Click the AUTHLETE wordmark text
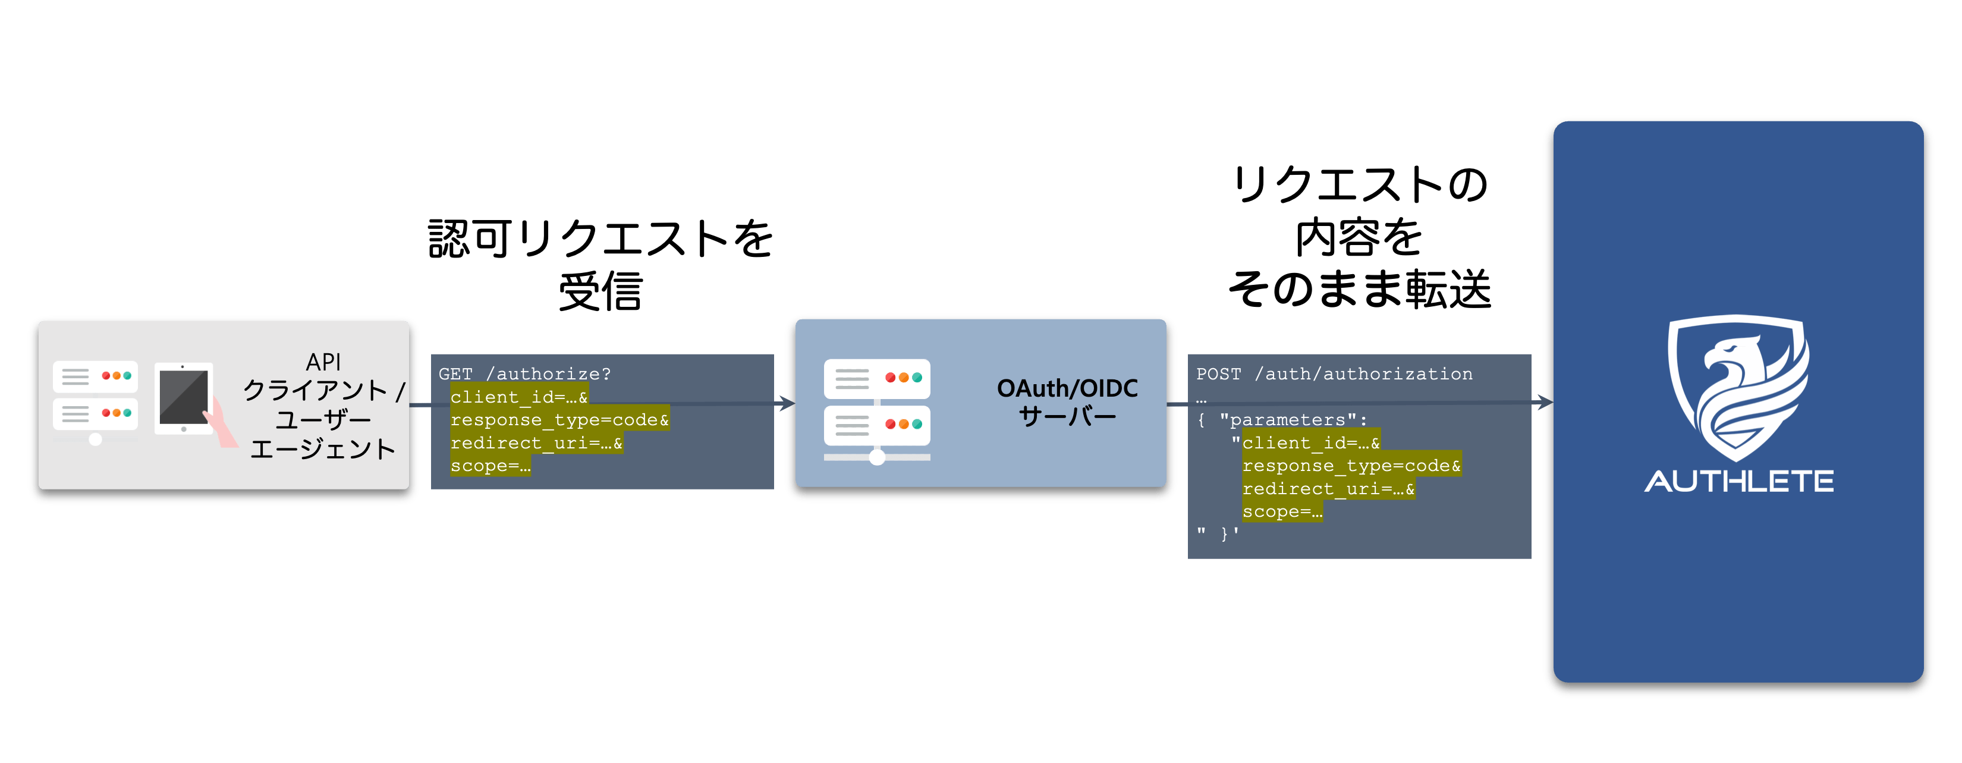(x=1739, y=481)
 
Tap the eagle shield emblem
(x=1739, y=387)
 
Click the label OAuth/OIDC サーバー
(x=1067, y=402)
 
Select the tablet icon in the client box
(x=184, y=398)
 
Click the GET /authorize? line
(x=525, y=374)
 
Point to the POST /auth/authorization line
(x=1334, y=374)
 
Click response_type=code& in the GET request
(x=560, y=420)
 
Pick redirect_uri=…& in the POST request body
(x=1328, y=489)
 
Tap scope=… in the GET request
(x=491, y=466)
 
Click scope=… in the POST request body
(x=1282, y=511)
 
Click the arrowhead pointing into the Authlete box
(x=1544, y=402)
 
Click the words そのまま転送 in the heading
(x=1360, y=290)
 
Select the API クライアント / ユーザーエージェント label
(x=323, y=405)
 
